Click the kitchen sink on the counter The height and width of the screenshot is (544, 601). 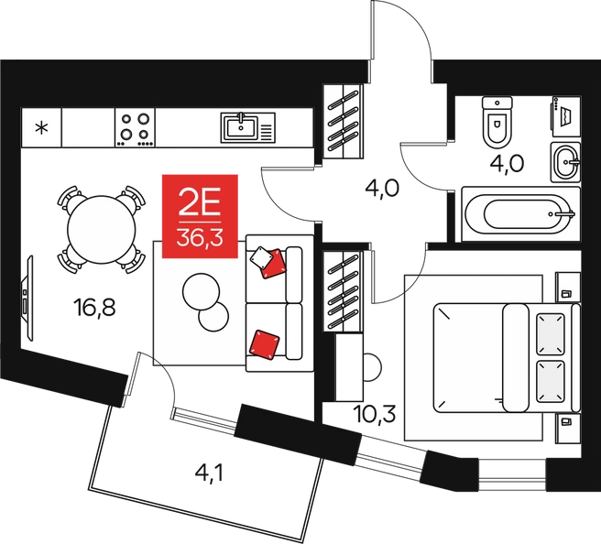[248, 127]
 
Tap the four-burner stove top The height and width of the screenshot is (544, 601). [135, 127]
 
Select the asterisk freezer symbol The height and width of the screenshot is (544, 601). [41, 127]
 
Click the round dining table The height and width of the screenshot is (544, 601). [102, 230]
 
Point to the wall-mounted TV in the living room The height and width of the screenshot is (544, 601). [27, 298]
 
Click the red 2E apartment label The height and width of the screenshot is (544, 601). [200, 216]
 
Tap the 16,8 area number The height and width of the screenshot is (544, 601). [95, 308]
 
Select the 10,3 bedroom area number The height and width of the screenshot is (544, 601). [375, 414]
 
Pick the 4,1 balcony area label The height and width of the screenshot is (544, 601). [209, 473]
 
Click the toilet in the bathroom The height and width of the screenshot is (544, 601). [497, 122]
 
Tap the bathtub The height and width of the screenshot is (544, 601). [521, 213]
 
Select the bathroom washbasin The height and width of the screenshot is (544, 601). [566, 162]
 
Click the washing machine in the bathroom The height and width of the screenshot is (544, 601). [566, 115]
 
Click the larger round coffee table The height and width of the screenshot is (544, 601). [202, 291]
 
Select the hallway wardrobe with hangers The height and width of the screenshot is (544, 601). [343, 121]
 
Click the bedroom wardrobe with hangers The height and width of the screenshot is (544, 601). [343, 291]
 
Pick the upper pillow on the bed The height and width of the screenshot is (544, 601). [551, 333]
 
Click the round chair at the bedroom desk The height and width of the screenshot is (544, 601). [372, 367]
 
